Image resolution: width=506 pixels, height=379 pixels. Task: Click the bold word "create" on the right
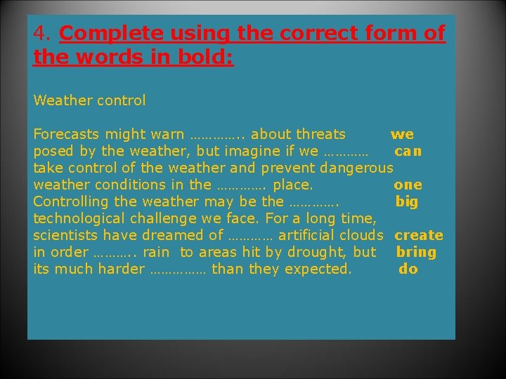(x=419, y=236)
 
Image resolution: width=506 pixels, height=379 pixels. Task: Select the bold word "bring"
(x=416, y=253)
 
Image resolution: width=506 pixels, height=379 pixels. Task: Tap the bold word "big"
(x=407, y=202)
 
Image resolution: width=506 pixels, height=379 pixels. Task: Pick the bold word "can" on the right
(x=408, y=152)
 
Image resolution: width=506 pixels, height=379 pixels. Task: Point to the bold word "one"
(x=408, y=185)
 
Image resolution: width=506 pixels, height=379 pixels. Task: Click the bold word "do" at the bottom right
(x=408, y=270)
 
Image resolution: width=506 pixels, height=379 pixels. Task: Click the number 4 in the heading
(x=39, y=34)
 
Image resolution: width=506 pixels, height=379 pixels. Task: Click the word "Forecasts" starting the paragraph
(x=67, y=134)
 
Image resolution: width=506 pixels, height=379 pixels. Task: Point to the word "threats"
(x=320, y=134)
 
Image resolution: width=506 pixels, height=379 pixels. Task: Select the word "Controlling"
(x=74, y=201)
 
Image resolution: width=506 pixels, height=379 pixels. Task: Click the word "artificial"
(x=307, y=235)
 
